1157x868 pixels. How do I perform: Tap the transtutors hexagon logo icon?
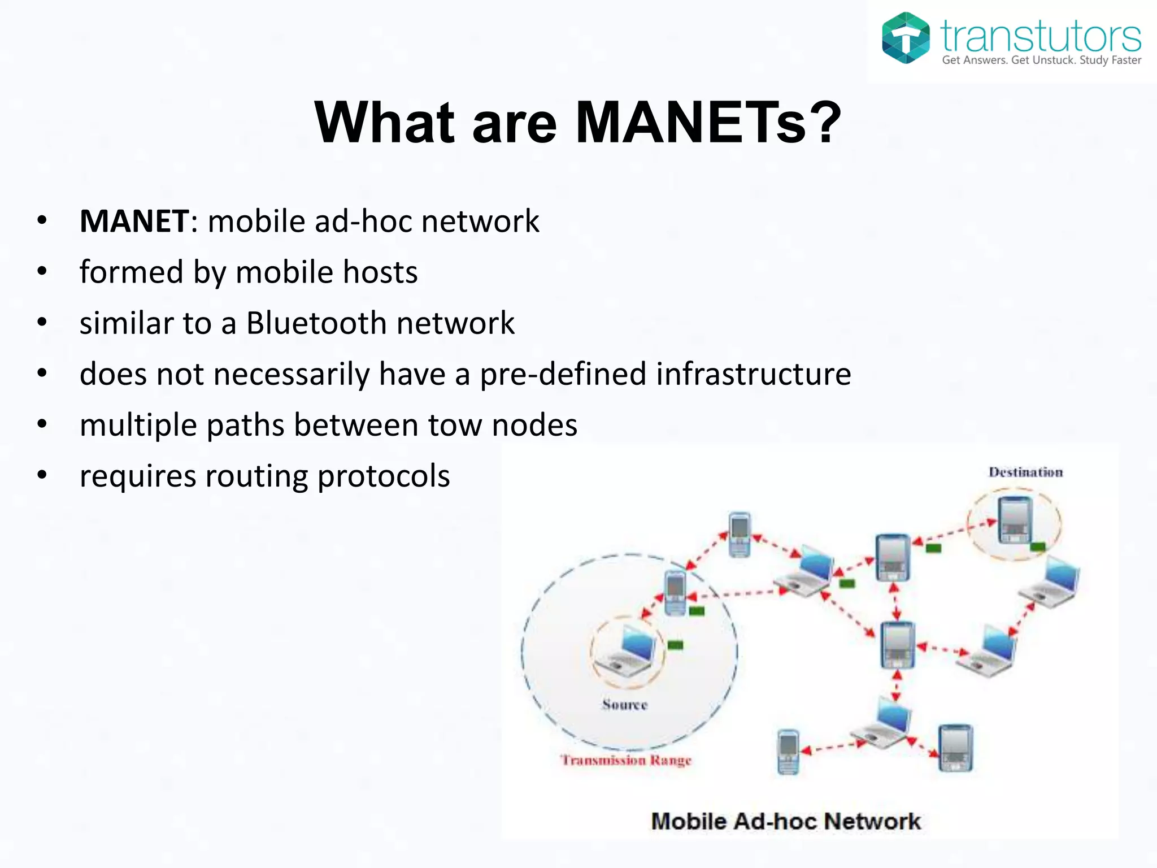[x=906, y=38]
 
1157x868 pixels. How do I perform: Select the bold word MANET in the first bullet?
[x=134, y=221]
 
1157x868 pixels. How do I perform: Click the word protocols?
[x=384, y=476]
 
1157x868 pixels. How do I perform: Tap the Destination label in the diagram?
[x=1025, y=472]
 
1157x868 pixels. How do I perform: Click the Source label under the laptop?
[x=624, y=705]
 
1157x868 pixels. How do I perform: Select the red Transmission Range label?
[x=626, y=760]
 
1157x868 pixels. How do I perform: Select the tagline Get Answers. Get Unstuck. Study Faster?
[x=1041, y=60]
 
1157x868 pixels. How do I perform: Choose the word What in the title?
[x=384, y=123]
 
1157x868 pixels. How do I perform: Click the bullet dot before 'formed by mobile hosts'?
[x=42, y=272]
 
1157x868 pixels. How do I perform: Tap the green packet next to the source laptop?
[x=675, y=645]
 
